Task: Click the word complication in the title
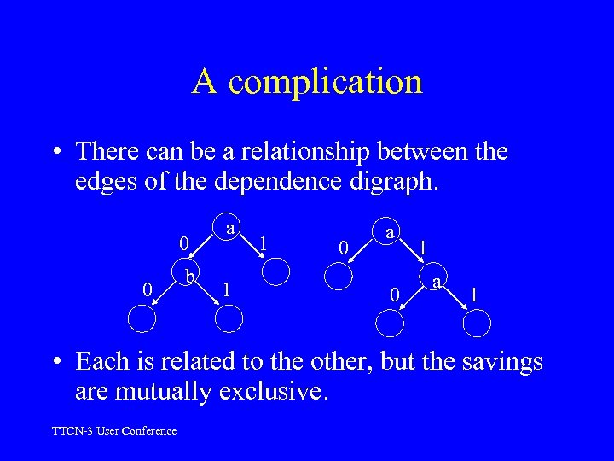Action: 326,82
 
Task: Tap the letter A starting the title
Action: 205,81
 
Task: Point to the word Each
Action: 102,362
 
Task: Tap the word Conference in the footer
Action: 149,431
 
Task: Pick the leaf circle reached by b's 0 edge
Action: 142,318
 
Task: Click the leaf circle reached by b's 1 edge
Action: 229,318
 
